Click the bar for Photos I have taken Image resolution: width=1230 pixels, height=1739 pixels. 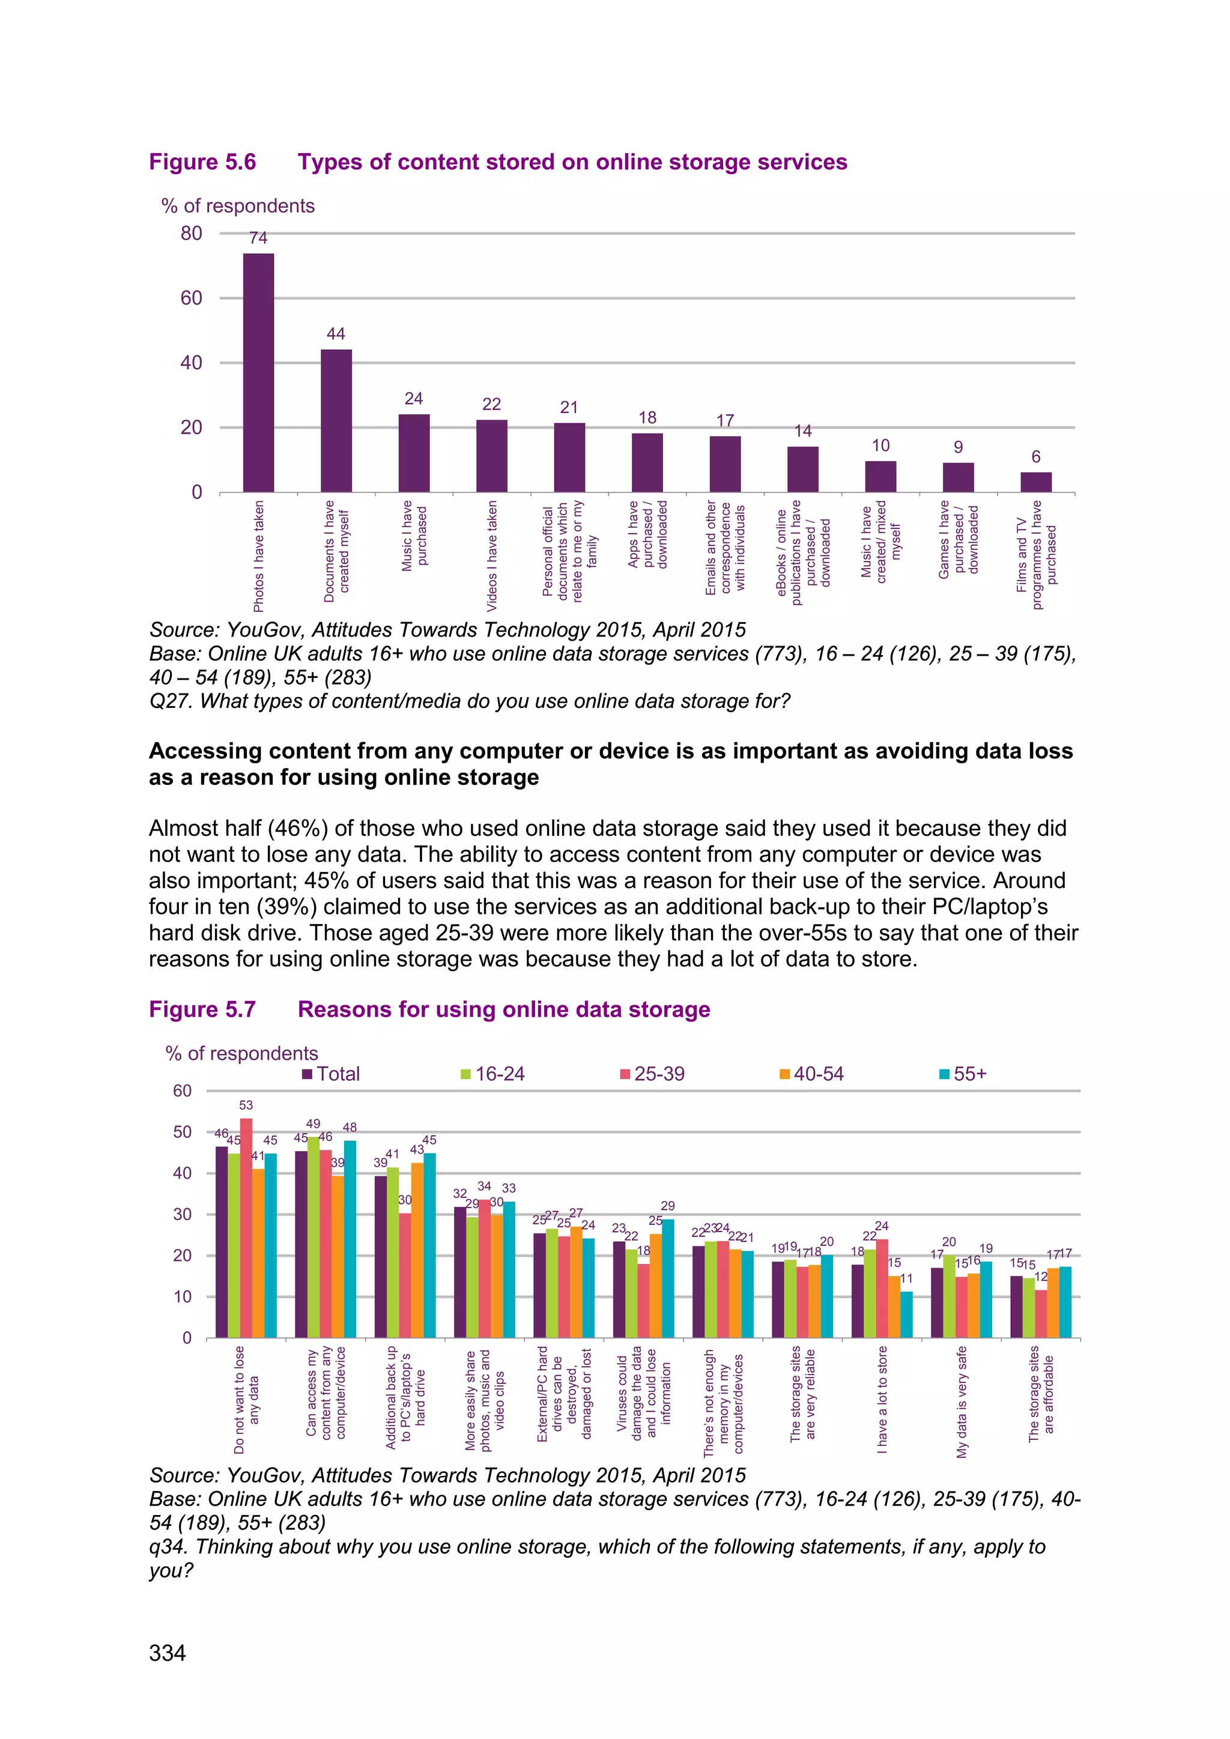click(x=258, y=373)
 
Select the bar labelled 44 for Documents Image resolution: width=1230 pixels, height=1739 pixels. click(x=336, y=420)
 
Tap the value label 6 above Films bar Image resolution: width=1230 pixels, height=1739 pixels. click(x=1035, y=457)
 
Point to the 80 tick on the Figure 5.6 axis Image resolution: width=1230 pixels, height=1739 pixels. click(x=191, y=233)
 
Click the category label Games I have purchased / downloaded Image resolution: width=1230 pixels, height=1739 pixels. click(x=958, y=539)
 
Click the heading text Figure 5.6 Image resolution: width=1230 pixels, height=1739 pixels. click(x=202, y=162)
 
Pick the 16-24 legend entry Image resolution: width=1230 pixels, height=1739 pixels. click(x=492, y=1074)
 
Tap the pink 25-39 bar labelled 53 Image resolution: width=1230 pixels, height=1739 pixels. click(x=246, y=1228)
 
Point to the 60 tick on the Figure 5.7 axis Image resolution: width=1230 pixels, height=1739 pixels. click(x=183, y=1090)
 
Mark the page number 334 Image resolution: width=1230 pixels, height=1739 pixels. click(x=168, y=1653)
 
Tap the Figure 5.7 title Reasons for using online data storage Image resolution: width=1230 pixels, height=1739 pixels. click(x=504, y=1009)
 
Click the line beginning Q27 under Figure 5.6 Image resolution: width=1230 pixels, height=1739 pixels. click(x=470, y=701)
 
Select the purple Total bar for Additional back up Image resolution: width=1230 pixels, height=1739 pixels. click(x=381, y=1257)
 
